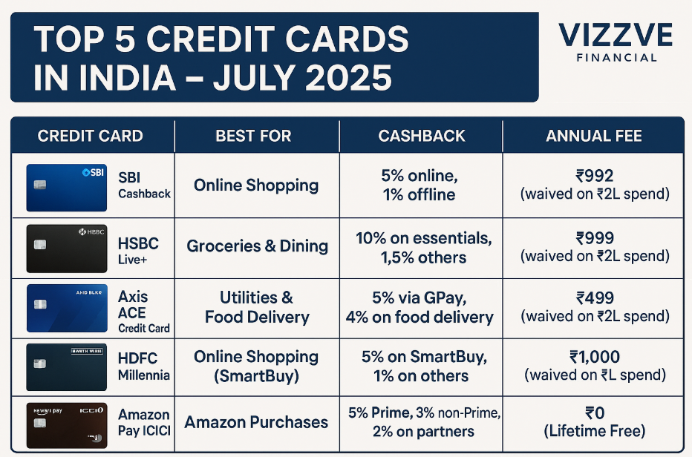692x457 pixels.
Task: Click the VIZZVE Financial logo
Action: pos(615,42)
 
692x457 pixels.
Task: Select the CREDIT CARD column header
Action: pos(90,137)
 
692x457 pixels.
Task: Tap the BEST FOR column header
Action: pos(253,137)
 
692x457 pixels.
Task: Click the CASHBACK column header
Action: pos(421,137)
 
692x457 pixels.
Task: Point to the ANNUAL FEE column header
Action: pos(594,137)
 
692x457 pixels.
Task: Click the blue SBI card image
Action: pos(66,187)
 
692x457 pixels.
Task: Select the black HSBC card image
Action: pos(66,248)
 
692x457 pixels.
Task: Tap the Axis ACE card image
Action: pos(66,308)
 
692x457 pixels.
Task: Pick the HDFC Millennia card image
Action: pos(66,367)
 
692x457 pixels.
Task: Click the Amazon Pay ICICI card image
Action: pos(66,422)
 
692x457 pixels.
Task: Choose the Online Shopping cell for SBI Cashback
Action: pos(256,185)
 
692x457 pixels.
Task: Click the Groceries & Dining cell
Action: pos(257,246)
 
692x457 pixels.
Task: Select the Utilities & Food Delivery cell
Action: pos(257,307)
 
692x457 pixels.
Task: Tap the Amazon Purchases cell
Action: pos(256,422)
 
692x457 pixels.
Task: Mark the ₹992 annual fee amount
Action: pos(594,177)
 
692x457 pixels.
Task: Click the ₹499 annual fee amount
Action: pos(594,298)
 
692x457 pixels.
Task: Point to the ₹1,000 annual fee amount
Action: pos(594,358)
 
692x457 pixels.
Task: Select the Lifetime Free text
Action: pos(594,431)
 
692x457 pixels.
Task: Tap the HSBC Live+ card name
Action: pos(138,250)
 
